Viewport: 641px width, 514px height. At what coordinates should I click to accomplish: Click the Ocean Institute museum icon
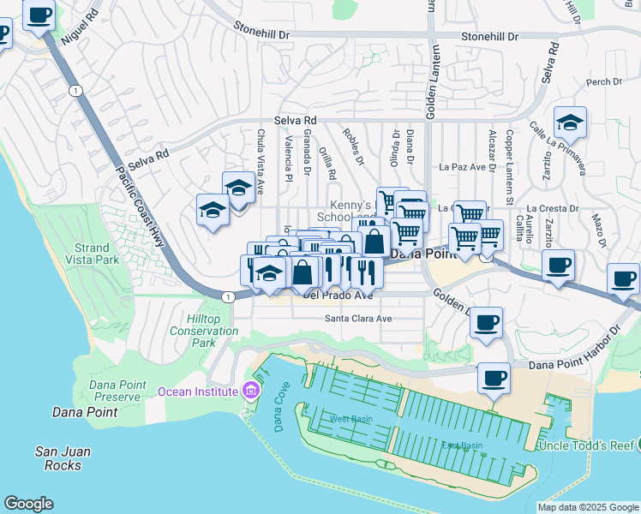point(250,391)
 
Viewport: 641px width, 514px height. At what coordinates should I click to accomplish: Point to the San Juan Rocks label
point(58,458)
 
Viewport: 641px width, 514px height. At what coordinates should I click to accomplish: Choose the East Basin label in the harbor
point(461,446)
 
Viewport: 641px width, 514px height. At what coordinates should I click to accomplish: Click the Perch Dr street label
point(603,82)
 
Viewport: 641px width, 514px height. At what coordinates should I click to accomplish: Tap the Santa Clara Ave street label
point(357,319)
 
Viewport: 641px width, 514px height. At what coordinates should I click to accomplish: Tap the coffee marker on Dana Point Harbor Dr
point(493,378)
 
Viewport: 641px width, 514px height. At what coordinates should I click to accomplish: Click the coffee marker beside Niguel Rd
point(39,14)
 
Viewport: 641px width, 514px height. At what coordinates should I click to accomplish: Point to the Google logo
point(28,504)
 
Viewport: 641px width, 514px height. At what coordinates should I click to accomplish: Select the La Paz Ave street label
point(463,167)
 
